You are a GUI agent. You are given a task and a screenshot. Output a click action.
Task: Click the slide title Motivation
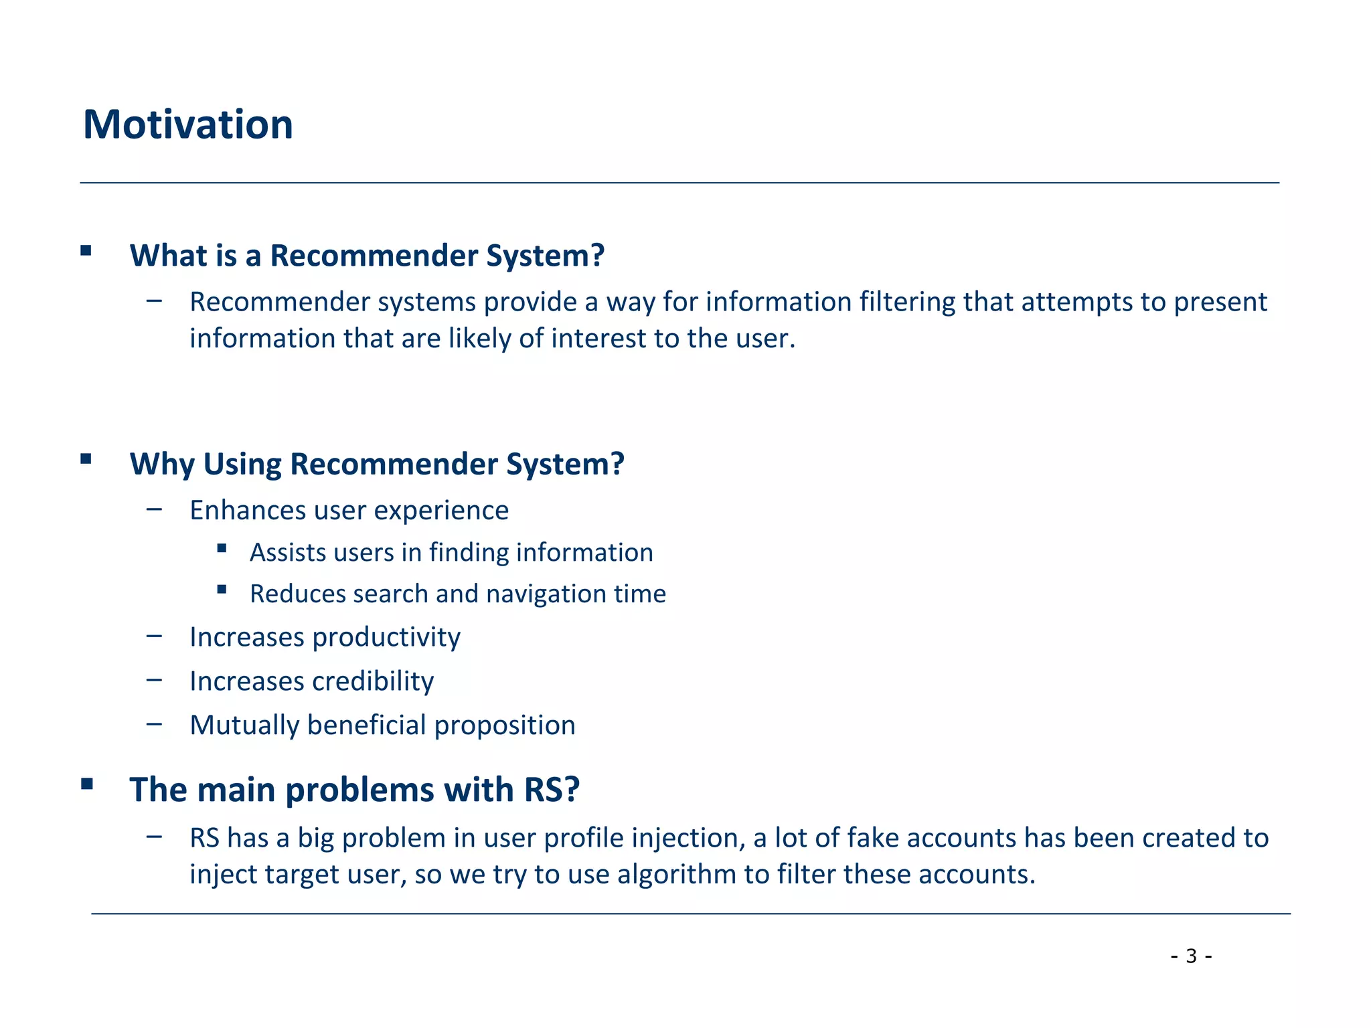coord(188,124)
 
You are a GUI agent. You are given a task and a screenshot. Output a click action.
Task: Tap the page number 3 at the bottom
coord(1191,956)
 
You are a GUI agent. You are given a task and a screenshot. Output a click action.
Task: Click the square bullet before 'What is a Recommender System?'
coord(86,251)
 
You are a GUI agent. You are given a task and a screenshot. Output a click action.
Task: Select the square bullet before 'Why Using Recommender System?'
coord(86,459)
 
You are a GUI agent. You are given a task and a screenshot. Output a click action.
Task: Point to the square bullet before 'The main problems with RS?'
coord(86,784)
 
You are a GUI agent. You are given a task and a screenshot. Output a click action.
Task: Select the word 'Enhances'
coord(247,510)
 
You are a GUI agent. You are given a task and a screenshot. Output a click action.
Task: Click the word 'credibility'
coord(373,681)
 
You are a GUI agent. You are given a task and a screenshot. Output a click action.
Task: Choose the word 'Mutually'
coord(244,725)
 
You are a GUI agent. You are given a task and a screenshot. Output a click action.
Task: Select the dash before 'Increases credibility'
coord(155,680)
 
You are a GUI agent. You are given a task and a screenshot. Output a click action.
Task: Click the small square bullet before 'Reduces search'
coord(222,590)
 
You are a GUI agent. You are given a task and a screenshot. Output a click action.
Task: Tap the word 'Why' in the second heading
coord(161,464)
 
